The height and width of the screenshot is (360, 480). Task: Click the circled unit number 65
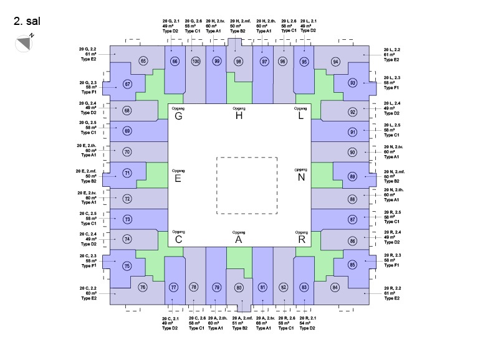(x=143, y=61)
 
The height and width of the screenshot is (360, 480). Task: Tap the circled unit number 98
(x=239, y=61)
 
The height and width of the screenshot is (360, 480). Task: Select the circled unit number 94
(x=336, y=62)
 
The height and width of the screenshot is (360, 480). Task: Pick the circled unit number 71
(x=127, y=173)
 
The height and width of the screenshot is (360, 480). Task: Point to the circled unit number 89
(x=352, y=177)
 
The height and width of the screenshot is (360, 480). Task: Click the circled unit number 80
(x=239, y=288)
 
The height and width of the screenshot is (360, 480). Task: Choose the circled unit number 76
(x=143, y=287)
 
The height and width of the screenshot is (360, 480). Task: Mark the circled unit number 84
(x=335, y=287)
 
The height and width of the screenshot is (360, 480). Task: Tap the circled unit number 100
(x=196, y=61)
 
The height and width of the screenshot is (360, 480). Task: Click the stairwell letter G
(x=178, y=116)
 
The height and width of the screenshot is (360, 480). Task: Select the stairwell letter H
(x=239, y=116)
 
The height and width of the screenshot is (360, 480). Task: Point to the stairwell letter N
(x=300, y=178)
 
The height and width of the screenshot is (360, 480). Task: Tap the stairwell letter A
(x=239, y=239)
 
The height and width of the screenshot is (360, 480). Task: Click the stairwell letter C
(x=178, y=239)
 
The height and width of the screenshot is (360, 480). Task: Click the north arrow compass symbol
(x=24, y=42)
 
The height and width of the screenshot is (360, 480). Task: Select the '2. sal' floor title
(x=27, y=20)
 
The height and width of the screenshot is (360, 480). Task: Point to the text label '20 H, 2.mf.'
(x=239, y=21)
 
